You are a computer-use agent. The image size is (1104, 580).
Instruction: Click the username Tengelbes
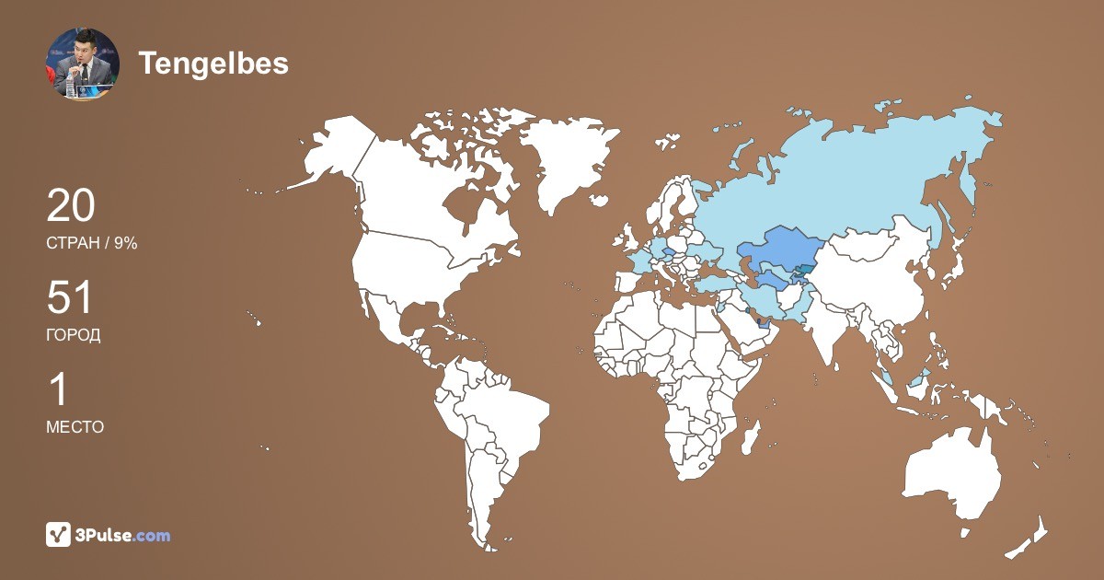coord(213,63)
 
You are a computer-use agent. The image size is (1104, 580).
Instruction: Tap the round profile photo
coord(83,63)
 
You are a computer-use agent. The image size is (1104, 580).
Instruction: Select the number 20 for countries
coord(71,205)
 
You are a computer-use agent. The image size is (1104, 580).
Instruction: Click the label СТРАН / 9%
coord(91,243)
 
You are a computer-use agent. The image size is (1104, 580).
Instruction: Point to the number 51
coord(70,298)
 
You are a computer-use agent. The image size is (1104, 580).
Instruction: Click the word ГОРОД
coord(73,335)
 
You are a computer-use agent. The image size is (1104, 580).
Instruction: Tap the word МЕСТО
coord(75,427)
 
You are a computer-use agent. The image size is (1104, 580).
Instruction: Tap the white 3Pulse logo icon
coord(59,535)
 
